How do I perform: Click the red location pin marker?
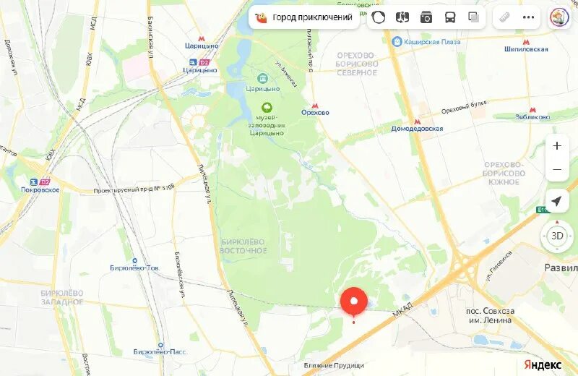tap(354, 302)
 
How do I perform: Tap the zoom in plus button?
tap(556, 145)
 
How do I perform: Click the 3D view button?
tap(557, 236)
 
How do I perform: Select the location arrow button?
tap(556, 201)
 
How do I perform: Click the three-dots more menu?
tap(530, 17)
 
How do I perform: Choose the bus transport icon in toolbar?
tap(449, 17)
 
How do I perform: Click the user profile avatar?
tap(559, 17)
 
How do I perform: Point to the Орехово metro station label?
tap(315, 112)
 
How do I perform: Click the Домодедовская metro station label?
tap(418, 129)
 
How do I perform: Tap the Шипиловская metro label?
tap(526, 49)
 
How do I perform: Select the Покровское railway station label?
tap(40, 189)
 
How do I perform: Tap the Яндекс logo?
tap(543, 364)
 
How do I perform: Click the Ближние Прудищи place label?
tap(334, 366)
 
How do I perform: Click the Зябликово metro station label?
tap(532, 116)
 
